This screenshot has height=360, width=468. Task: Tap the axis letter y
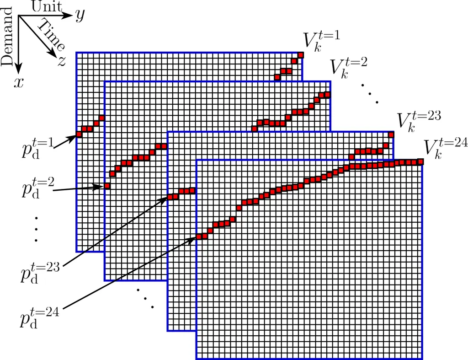(80, 16)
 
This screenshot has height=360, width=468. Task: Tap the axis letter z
(62, 61)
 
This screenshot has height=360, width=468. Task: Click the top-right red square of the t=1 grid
(300, 55)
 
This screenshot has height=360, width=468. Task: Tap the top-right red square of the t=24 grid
(420, 161)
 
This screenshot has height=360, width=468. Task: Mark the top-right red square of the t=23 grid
(391, 134)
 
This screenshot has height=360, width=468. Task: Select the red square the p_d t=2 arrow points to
(107, 186)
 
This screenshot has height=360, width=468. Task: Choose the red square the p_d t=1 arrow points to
(79, 134)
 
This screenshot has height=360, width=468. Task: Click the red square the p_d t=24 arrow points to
(199, 236)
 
